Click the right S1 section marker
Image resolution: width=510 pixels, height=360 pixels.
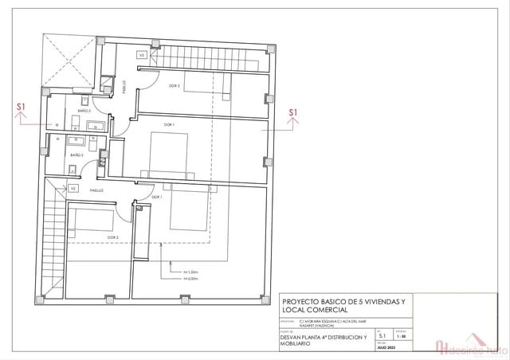293,112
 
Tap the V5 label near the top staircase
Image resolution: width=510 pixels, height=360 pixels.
143,56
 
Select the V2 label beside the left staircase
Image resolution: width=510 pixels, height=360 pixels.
73,189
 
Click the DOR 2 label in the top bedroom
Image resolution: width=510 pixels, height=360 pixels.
174,85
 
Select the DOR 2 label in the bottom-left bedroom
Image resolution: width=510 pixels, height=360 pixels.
112,237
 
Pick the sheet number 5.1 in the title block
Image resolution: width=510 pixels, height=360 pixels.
382,337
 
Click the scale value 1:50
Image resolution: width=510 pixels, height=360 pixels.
400,337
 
